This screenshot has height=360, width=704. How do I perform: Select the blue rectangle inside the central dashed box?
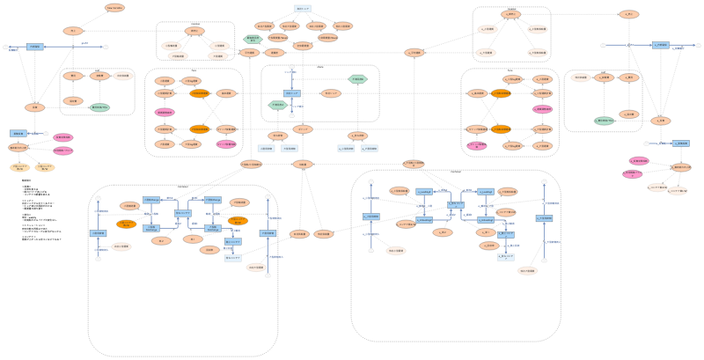click(x=292, y=92)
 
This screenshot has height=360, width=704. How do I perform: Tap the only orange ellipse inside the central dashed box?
click(x=331, y=92)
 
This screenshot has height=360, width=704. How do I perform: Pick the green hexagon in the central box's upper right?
click(x=356, y=79)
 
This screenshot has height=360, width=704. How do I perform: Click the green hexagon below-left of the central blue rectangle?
click(x=277, y=106)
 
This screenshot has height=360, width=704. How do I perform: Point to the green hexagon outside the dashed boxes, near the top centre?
click(x=253, y=40)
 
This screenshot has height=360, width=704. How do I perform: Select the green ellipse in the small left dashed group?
click(x=99, y=107)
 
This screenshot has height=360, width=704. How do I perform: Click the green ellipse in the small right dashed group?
click(x=604, y=121)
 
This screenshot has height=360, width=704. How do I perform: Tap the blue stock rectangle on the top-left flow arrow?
click(x=34, y=46)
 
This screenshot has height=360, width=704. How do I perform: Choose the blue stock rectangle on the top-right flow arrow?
click(x=660, y=44)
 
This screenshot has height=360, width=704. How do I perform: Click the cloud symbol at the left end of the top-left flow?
click(x=6, y=46)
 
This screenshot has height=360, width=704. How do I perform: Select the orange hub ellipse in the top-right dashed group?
click(x=511, y=15)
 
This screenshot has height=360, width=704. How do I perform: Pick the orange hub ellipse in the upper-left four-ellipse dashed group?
click(x=194, y=31)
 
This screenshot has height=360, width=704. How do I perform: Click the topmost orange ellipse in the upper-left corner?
click(x=114, y=8)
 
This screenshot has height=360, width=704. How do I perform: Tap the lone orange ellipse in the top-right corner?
click(x=628, y=14)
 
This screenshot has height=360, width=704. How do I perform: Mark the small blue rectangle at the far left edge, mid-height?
click(x=18, y=134)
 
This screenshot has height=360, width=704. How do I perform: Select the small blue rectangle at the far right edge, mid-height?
click(x=680, y=143)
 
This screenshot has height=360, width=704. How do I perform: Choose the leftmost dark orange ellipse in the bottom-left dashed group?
click(x=126, y=224)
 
